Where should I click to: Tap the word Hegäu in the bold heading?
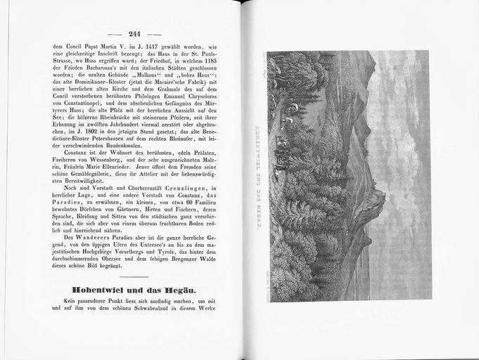173,290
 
